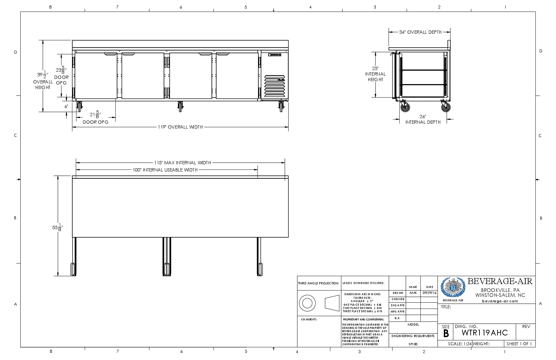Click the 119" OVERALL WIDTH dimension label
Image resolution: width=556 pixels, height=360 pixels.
click(180, 127)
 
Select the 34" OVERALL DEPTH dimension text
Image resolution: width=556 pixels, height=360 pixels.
click(420, 32)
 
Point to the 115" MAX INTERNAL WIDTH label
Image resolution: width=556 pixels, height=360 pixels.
click(182, 163)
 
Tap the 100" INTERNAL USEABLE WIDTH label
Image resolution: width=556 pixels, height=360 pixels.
click(165, 170)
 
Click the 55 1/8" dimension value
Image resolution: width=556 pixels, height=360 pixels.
click(57, 227)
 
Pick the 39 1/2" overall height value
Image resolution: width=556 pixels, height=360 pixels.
click(43, 75)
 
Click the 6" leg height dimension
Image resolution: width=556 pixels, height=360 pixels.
click(66, 106)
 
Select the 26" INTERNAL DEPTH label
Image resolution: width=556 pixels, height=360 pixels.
click(423, 119)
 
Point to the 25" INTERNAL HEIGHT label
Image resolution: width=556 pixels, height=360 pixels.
click(375, 74)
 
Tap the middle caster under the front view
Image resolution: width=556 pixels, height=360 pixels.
click(180, 107)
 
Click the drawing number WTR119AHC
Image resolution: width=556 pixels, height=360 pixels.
click(485, 333)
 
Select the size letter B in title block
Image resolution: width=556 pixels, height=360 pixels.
click(446, 333)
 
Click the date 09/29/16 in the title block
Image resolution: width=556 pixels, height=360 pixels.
click(429, 293)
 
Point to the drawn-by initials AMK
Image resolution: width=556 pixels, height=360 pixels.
click(413, 293)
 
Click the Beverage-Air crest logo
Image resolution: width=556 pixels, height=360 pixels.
click(453, 288)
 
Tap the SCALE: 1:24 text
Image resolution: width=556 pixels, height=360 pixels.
click(460, 344)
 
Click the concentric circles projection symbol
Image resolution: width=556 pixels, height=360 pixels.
click(307, 303)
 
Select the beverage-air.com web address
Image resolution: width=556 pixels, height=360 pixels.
click(500, 301)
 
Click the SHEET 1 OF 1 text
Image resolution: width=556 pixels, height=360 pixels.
click(519, 344)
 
